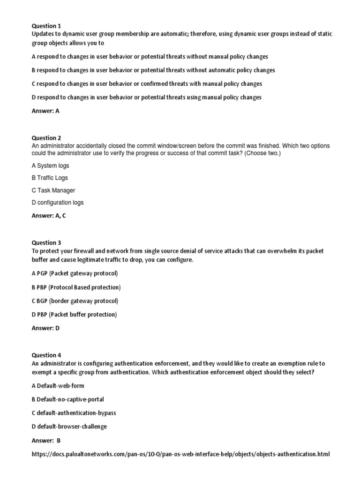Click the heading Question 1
click(x=46, y=26)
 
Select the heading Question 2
click(x=46, y=138)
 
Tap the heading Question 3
click(x=46, y=243)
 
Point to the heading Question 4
click(x=46, y=355)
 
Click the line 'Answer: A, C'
click(x=51, y=216)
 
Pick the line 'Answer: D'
click(x=45, y=328)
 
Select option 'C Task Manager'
click(x=53, y=190)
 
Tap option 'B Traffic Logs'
click(x=50, y=178)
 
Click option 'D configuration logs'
click(x=58, y=202)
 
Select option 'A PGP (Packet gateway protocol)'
click(x=75, y=273)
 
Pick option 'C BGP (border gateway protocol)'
click(x=75, y=301)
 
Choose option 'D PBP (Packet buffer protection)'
click(x=74, y=315)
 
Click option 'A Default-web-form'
click(x=58, y=386)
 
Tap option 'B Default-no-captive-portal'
click(x=67, y=399)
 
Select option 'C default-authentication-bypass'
click(x=74, y=413)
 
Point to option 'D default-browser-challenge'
click(x=69, y=427)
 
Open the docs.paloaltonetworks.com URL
click(x=181, y=454)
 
